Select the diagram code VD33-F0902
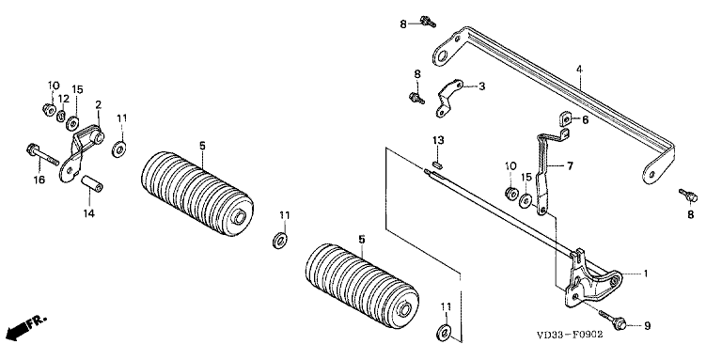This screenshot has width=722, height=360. point(570,335)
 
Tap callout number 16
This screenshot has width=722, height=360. point(39,180)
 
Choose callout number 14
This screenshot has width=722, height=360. point(89,213)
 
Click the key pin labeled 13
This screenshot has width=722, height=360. point(437,162)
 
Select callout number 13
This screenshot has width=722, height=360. point(438,140)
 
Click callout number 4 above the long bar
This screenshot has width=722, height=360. point(579,70)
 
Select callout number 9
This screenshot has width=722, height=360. point(647,326)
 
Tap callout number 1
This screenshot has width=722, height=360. point(645,274)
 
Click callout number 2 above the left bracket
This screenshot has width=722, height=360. point(98,104)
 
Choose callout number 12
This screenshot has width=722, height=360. point(64,99)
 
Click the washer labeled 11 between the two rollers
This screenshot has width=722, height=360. point(279,240)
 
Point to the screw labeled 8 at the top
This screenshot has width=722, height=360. point(428,22)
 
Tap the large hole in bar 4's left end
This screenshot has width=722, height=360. point(443,57)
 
